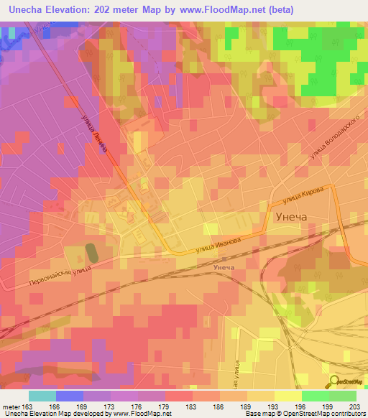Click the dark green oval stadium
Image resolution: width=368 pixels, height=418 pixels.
92,253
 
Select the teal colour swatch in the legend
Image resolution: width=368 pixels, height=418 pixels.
42,396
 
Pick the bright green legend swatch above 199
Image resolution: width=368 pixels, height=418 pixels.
315,396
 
